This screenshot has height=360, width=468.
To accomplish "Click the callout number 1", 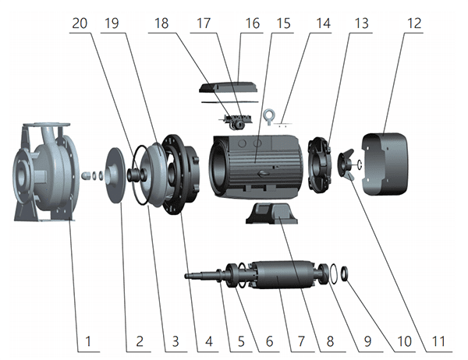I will (x=88, y=341).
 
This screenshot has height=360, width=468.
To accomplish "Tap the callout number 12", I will (x=413, y=23).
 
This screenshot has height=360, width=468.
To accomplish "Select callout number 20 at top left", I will (x=79, y=23).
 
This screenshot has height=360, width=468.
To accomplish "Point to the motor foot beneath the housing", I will (x=269, y=211).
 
